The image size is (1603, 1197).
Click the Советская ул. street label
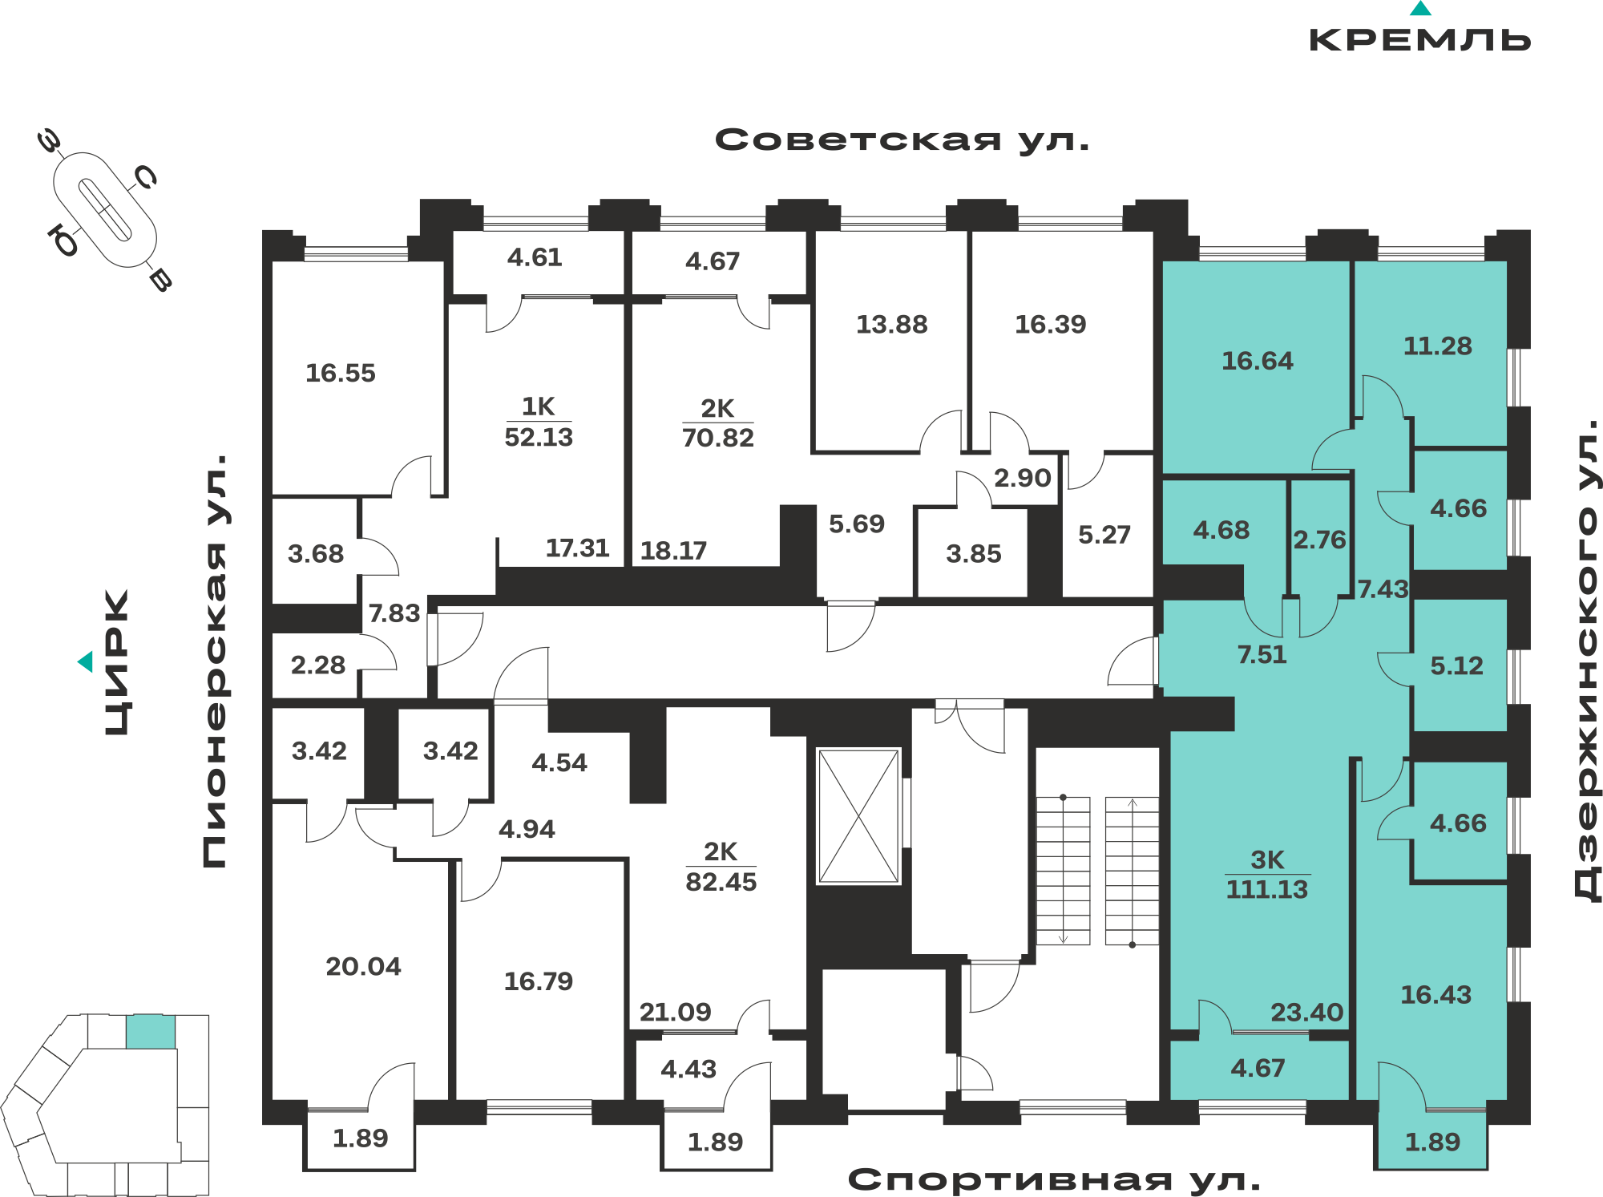coord(902,140)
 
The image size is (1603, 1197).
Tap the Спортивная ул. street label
coord(1054,1179)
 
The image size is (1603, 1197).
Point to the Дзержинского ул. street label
coord(1586,661)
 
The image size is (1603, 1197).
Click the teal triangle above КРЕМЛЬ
coord(1420,9)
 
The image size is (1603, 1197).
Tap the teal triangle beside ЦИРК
coord(86,661)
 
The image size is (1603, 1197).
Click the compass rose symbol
coord(105,210)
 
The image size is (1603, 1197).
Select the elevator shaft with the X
coord(858,816)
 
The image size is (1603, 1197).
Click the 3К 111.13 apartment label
coord(1267,874)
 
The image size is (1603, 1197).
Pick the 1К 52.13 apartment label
coord(539,422)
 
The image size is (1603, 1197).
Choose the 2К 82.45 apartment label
coord(721,867)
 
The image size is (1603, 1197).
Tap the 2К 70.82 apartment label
coord(718,423)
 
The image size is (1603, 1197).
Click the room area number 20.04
coord(363,966)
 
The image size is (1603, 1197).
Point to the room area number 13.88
coord(891,324)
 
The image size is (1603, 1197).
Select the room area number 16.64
coord(1257,361)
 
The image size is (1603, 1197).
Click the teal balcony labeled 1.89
coord(1431,1141)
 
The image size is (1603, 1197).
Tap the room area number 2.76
coord(1319,540)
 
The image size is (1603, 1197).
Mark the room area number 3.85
coord(974,553)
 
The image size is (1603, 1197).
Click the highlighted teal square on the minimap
coord(151,1032)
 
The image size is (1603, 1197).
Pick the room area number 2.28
coord(317,665)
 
